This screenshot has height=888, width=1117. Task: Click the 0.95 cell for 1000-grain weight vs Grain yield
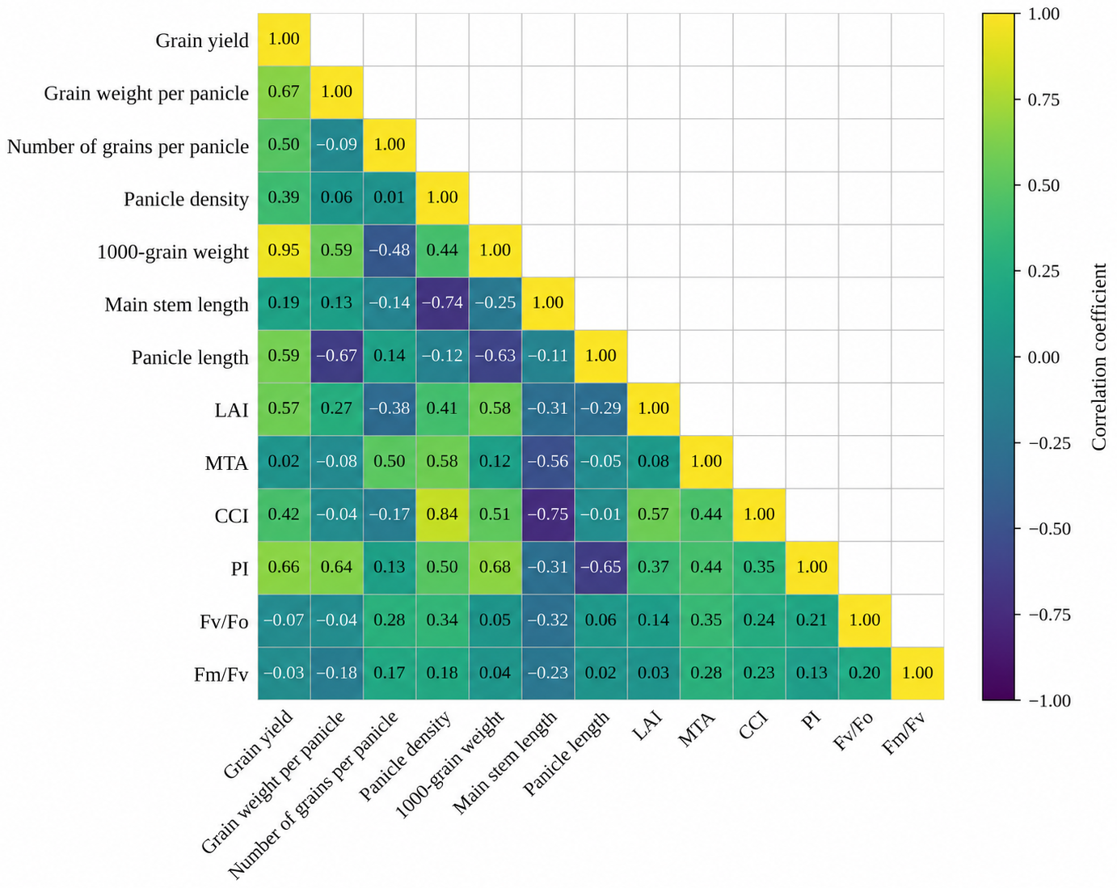point(284,251)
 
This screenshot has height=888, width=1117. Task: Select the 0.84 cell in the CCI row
point(442,514)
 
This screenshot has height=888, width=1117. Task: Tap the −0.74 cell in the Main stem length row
point(442,303)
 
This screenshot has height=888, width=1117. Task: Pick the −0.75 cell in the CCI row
point(548,514)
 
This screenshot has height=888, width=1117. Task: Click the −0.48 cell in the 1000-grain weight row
point(390,251)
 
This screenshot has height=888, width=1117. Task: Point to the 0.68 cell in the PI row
point(495,568)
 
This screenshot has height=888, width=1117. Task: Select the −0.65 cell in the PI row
point(601,568)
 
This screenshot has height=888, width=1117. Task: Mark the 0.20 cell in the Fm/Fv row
point(865,673)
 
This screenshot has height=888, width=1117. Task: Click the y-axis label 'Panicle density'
point(187,200)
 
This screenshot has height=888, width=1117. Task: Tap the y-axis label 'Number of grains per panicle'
point(129,147)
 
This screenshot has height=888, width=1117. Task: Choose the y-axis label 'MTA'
point(226,463)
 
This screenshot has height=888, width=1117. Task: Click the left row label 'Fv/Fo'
point(224,622)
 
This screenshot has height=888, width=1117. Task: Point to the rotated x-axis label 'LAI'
point(647,726)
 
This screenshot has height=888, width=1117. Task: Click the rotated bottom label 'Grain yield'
point(259,743)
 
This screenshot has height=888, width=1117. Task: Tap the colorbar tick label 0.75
point(1043,99)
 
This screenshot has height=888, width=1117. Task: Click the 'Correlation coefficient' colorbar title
point(1099,357)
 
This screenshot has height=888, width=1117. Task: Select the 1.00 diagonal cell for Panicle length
point(601,356)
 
